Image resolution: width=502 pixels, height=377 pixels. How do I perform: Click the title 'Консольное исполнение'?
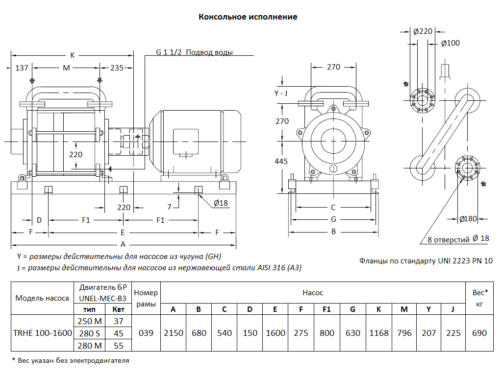[248, 17]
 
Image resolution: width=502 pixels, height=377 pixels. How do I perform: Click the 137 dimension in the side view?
[22, 68]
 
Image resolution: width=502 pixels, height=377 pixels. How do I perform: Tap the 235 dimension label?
[117, 68]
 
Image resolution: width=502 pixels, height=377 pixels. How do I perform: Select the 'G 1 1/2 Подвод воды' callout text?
[194, 52]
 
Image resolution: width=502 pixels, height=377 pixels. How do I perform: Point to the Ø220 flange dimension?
[423, 31]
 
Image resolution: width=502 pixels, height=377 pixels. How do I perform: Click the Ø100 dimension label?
[451, 43]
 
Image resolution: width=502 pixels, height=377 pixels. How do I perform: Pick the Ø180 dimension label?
[468, 219]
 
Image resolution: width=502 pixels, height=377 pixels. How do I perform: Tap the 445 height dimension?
[282, 161]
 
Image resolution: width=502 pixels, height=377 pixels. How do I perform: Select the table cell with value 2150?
[174, 333]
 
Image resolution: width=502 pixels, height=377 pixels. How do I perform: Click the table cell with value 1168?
[379, 333]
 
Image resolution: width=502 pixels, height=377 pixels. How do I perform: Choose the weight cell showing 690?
[479, 333]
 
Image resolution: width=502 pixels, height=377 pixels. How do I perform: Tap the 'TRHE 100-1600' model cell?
[42, 333]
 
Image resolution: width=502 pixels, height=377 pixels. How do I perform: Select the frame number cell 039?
[146, 333]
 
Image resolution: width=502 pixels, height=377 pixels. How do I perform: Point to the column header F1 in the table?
[326, 309]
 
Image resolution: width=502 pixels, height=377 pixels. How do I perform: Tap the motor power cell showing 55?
[118, 346]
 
